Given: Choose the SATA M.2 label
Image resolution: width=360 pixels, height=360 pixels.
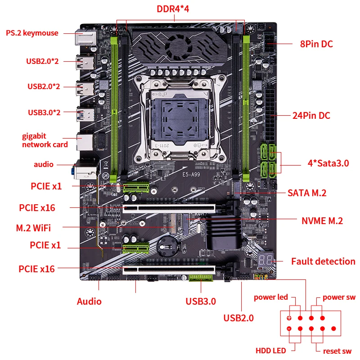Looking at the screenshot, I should (x=307, y=193).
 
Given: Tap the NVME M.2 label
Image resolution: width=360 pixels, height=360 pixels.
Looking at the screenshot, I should (x=322, y=220).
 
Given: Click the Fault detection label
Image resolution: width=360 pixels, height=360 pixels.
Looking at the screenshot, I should (x=323, y=261).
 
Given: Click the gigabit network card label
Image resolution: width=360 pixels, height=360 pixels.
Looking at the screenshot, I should (x=45, y=140).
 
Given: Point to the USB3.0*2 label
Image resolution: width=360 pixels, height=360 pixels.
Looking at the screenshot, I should (x=44, y=112).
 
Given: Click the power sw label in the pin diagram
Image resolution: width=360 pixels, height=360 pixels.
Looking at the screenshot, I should (x=339, y=297).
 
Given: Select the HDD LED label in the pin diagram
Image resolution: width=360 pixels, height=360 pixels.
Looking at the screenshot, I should (x=270, y=351).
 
